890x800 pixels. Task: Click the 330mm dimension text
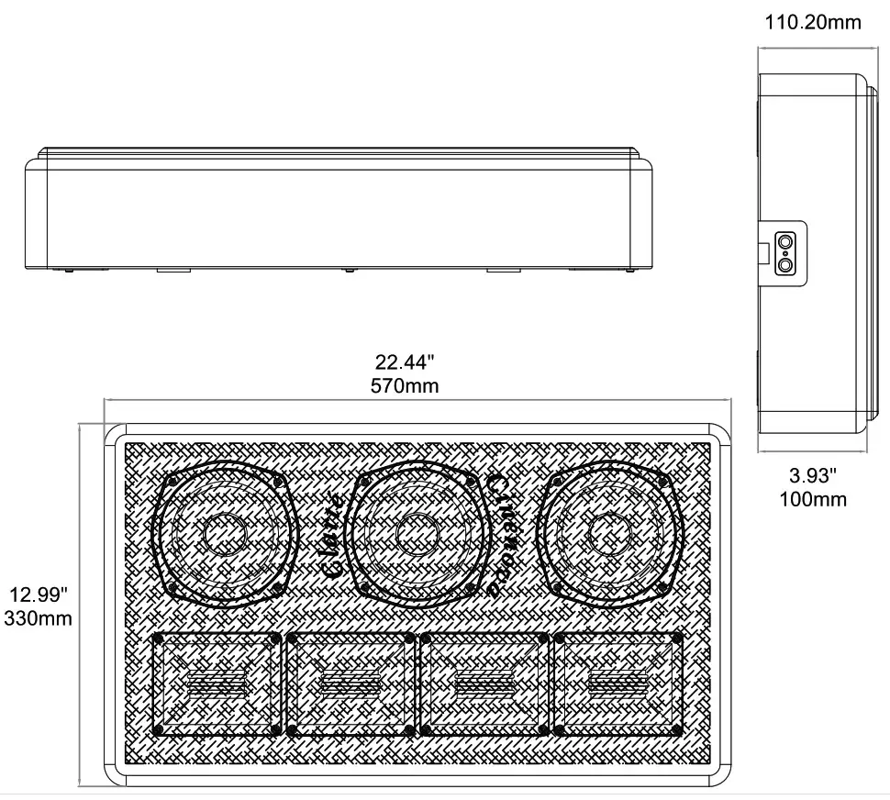38,618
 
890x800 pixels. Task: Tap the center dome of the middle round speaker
416,533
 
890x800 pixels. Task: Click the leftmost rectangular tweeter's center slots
217,683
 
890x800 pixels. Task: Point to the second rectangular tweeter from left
351,683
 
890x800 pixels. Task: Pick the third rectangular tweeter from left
484,683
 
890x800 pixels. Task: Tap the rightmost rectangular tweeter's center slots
617,683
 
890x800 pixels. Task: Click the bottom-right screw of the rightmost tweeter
677,730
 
